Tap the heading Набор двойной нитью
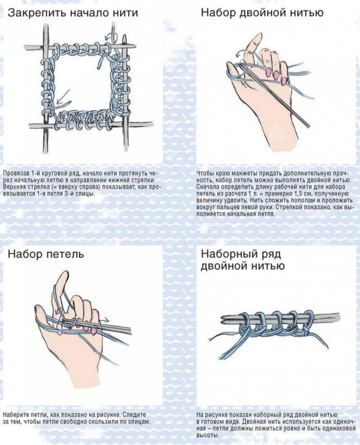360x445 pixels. point(262,13)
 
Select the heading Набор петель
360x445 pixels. point(46,254)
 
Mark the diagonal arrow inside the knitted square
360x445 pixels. point(63,97)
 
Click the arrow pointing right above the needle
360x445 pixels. point(104,320)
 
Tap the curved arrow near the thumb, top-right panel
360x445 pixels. point(239,55)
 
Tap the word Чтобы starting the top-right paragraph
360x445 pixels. point(204,174)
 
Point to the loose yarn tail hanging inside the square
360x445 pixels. point(100,60)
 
